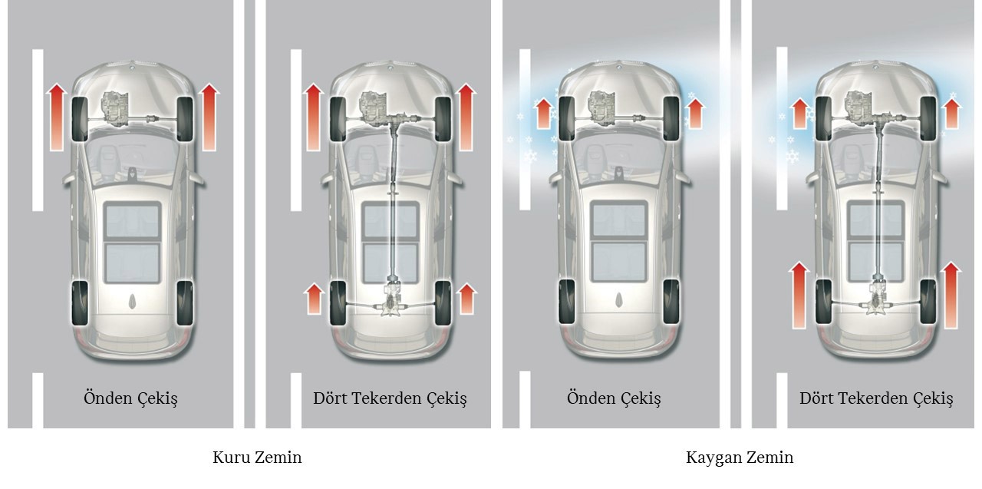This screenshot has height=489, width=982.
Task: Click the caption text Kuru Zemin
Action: pyautogui.click(x=257, y=458)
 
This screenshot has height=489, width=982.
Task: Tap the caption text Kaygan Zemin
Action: pyautogui.click(x=739, y=458)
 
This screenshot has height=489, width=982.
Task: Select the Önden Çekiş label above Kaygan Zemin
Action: pyautogui.click(x=614, y=398)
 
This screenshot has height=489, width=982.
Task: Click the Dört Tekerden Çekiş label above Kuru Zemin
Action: pyautogui.click(x=390, y=398)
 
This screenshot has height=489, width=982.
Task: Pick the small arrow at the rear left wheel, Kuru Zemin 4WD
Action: pyautogui.click(x=313, y=298)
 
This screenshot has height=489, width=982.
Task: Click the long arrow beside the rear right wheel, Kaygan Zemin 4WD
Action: pyautogui.click(x=951, y=295)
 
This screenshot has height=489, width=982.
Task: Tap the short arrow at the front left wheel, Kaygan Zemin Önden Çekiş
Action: pyautogui.click(x=542, y=113)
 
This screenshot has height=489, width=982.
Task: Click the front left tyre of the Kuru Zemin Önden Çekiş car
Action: pyautogui.click(x=79, y=120)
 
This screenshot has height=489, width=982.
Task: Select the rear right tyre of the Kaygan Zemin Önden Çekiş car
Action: pyautogui.click(x=671, y=302)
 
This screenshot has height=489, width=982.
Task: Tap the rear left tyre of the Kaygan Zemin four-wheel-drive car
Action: pyautogui.click(x=824, y=302)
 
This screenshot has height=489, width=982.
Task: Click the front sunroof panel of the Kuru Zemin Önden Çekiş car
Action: pyautogui.click(x=132, y=222)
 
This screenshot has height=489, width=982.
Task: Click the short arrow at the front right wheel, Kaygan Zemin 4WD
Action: pyautogui.click(x=952, y=113)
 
